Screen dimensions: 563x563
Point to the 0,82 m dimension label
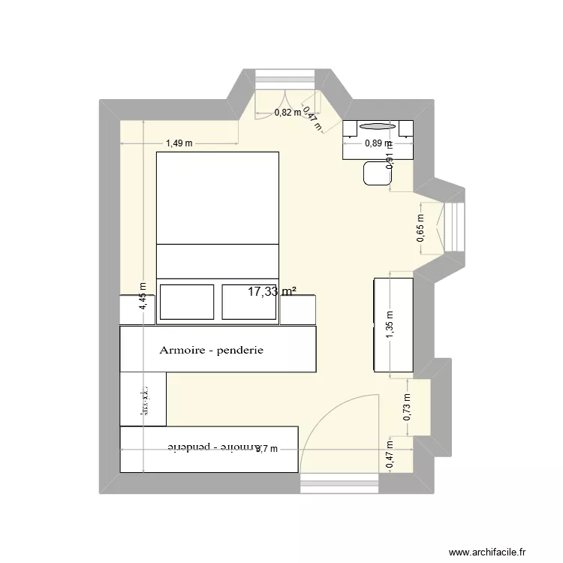pos(288,113)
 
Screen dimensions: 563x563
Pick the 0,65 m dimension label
pos(420,225)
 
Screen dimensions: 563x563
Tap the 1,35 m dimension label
pos(389,325)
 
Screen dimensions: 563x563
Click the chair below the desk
pos(375,175)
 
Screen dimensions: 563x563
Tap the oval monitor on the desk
pos(376,126)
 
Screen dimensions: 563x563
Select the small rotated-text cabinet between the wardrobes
pos(143,399)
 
